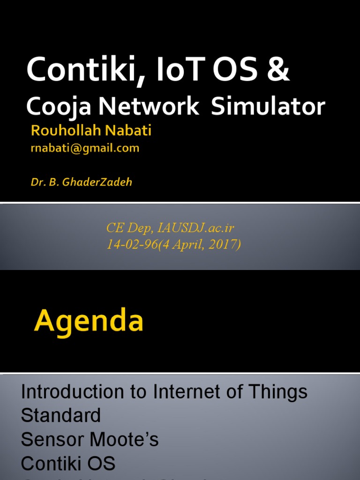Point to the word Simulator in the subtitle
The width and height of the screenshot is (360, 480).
268,107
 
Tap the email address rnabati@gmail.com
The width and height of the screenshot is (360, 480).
85,149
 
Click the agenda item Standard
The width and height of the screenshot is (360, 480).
61,415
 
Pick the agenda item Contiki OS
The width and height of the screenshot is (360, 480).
68,464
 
